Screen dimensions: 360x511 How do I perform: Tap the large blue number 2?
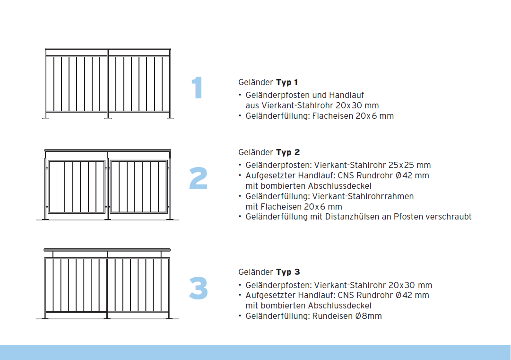coord(198,178)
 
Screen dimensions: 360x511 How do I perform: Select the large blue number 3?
coord(198,288)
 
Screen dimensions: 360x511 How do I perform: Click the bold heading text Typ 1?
coord(287,83)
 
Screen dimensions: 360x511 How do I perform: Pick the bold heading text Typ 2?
coord(288,152)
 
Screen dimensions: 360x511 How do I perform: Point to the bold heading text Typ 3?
coord(288,272)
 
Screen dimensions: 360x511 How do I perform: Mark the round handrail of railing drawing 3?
coord(107,250)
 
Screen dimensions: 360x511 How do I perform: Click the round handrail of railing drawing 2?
coord(107,150)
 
